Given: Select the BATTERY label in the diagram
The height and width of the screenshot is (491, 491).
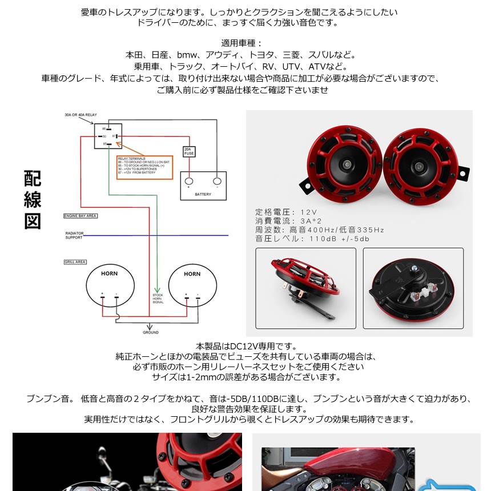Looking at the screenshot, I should [x=203, y=194].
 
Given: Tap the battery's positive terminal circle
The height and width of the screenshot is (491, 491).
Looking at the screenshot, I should [x=189, y=182].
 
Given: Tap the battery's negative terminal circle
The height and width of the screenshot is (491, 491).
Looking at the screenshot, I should [x=217, y=182].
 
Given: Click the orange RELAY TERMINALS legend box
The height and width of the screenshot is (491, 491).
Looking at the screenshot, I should [x=145, y=167].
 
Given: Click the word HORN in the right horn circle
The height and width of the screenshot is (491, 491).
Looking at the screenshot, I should [x=192, y=274].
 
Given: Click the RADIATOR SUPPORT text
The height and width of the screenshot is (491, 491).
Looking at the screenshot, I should [x=74, y=235].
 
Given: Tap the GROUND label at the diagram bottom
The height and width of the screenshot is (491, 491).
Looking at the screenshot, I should [x=151, y=332].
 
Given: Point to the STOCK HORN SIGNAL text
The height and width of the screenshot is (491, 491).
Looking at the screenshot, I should [x=158, y=299].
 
